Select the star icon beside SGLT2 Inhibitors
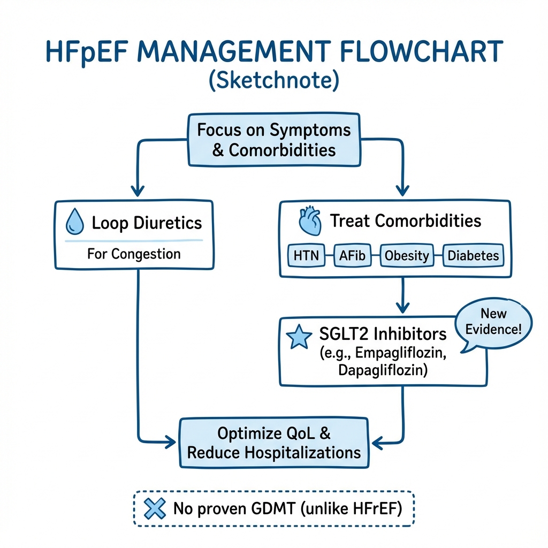click(299, 337)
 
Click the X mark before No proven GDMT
click(155, 508)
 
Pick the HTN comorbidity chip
click(306, 255)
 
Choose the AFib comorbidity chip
click(352, 255)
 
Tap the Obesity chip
click(407, 255)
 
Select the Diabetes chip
click(473, 255)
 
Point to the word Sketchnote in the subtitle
click(274, 80)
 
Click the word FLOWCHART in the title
click(421, 52)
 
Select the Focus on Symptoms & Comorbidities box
click(274, 140)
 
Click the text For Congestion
click(134, 254)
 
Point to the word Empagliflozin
click(400, 353)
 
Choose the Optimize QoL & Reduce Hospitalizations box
click(274, 443)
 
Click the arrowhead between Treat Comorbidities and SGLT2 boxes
click(402, 308)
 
